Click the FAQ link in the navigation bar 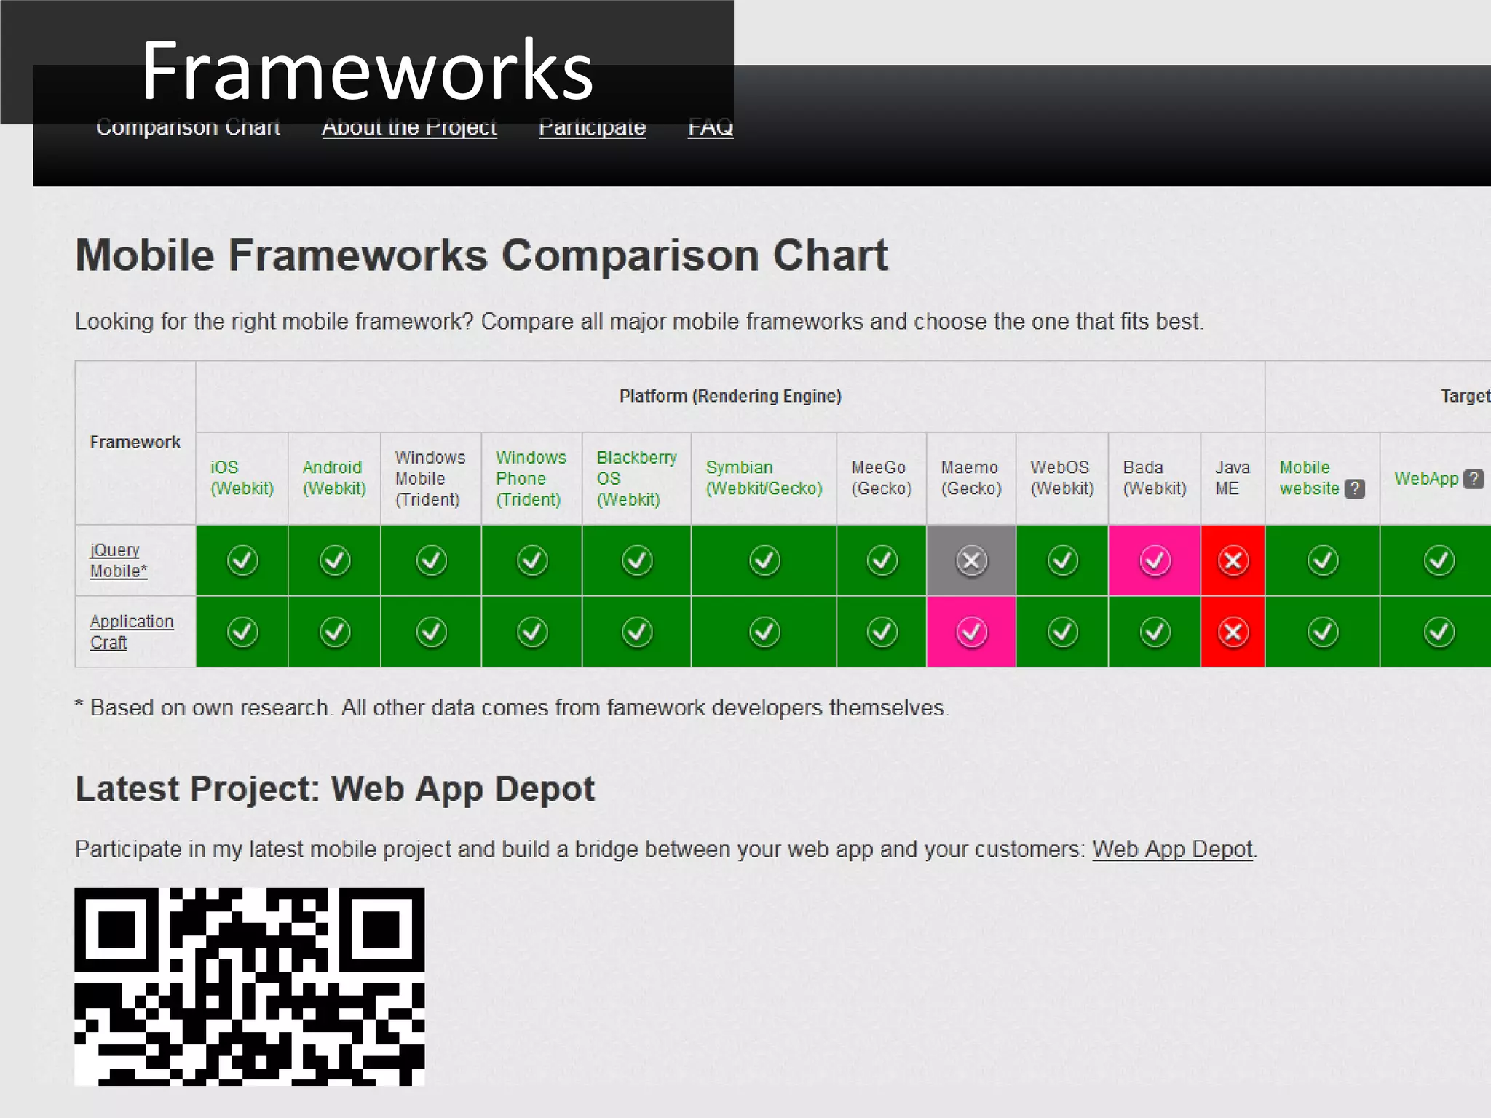coord(711,128)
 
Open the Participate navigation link coord(592,128)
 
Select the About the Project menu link coord(409,128)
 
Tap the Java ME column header coord(1232,478)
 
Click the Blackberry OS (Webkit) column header coord(636,478)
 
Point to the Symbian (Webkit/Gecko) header coord(764,478)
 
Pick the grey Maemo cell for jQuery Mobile coord(971,560)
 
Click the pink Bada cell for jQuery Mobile coord(1155,560)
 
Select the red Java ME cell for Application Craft coord(1233,632)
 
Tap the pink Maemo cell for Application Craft coord(971,632)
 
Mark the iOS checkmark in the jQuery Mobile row coord(242,560)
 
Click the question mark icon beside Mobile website coord(1354,489)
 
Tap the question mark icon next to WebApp coord(1474,479)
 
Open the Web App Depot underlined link coord(1172,849)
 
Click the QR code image coord(250,986)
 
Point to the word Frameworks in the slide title coord(367,71)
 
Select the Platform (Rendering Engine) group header coord(730,396)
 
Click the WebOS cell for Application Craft coord(1062,632)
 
